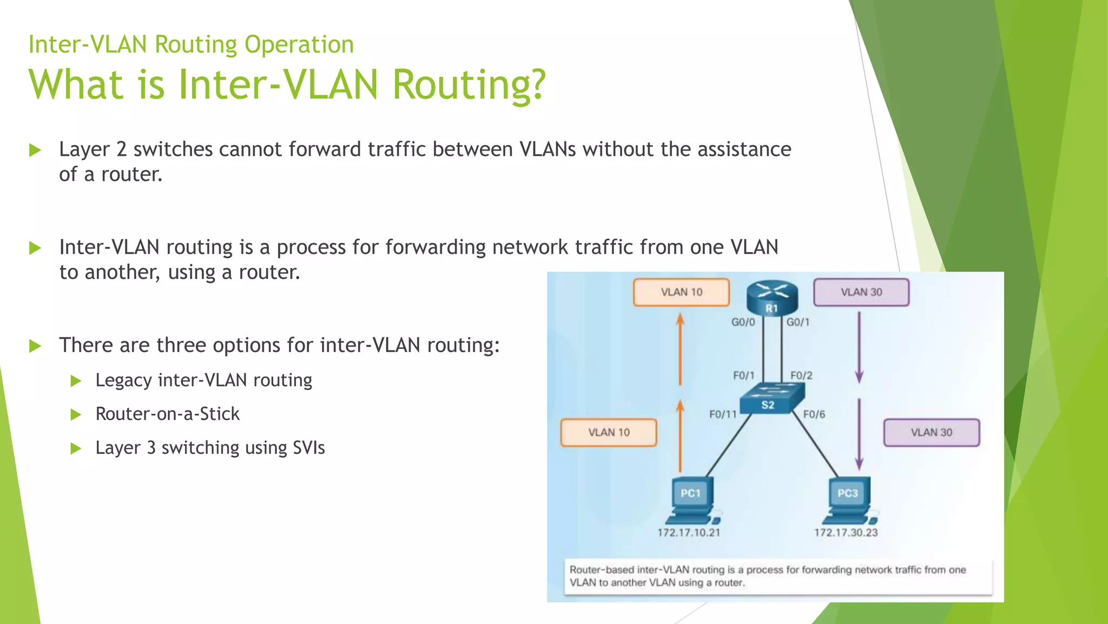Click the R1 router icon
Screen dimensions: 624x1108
click(772, 298)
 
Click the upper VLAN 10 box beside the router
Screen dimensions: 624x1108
click(681, 292)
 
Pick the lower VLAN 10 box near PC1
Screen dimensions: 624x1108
click(609, 432)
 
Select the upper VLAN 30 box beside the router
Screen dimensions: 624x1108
click(861, 292)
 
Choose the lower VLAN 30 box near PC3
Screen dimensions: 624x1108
click(931, 432)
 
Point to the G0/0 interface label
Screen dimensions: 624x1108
click(743, 322)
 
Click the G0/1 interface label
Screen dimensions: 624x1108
click(798, 322)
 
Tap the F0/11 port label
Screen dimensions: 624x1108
click(723, 414)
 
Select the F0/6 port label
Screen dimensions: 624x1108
click(814, 414)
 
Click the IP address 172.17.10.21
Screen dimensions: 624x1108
click(689, 532)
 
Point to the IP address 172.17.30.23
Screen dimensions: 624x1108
click(846, 532)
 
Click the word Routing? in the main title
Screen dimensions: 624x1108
click(469, 85)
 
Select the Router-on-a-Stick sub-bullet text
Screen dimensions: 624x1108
click(167, 414)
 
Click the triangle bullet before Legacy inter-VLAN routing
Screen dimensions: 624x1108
click(76, 381)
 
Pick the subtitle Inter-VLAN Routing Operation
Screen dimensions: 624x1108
click(191, 44)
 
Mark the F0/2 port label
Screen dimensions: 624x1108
click(801, 375)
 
